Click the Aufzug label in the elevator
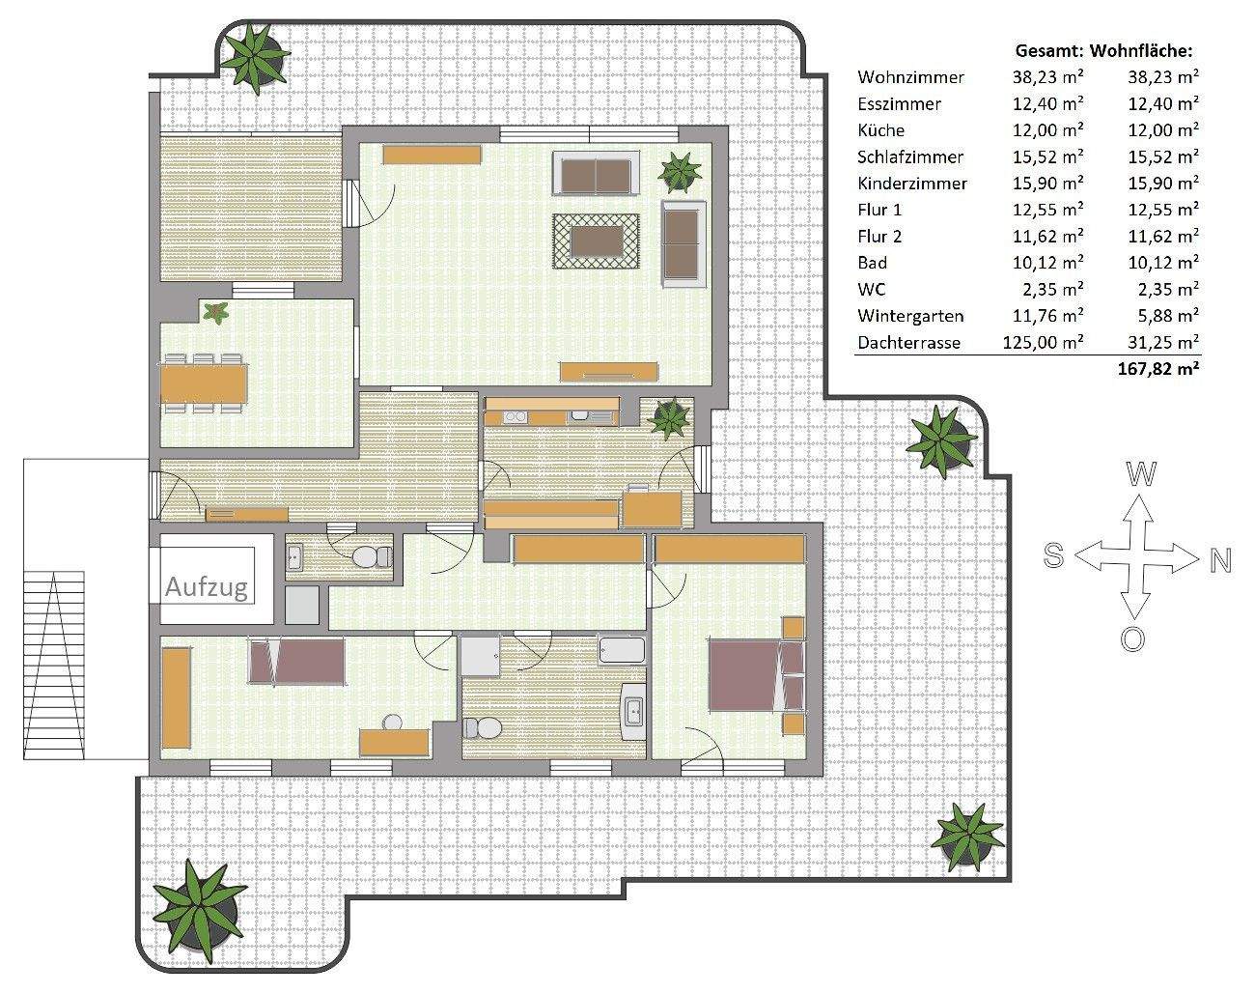(x=206, y=587)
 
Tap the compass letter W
(x=1141, y=473)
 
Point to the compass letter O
(x=1132, y=640)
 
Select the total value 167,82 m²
(x=1158, y=369)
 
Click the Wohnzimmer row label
(x=910, y=77)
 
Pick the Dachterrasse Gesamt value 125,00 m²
(x=1043, y=343)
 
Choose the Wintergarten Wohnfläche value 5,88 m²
(x=1163, y=316)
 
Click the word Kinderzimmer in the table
(x=912, y=184)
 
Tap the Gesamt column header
(x=1049, y=51)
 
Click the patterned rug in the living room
(x=596, y=241)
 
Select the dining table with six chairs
(x=203, y=383)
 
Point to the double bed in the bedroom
(x=757, y=675)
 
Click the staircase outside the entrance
(x=54, y=666)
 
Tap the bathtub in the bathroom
(x=623, y=650)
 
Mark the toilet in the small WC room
(x=372, y=557)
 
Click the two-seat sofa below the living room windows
(x=596, y=173)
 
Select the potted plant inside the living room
(x=680, y=172)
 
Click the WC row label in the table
(x=872, y=290)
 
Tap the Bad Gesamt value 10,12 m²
(x=1047, y=263)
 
